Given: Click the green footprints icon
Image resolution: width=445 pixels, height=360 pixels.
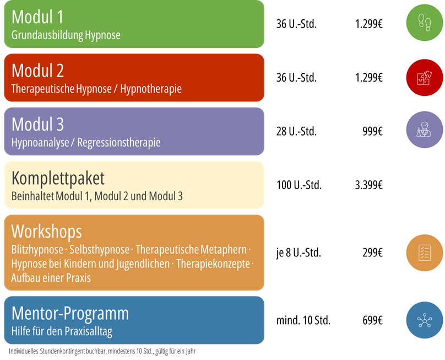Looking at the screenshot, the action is coord(424,23).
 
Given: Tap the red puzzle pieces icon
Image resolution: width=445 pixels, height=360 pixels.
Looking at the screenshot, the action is coord(424,77).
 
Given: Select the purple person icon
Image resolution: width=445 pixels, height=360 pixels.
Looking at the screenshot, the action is coord(424,130).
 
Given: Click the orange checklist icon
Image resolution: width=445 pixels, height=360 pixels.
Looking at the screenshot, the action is coord(424,252).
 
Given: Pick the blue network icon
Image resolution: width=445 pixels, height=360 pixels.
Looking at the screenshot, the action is coord(424,320).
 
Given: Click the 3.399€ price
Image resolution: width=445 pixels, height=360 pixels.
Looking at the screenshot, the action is coord(368,185).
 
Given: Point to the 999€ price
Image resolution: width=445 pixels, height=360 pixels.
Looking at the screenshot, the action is coord(372,131).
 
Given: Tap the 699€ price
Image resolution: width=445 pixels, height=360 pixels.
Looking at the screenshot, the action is coord(372,320).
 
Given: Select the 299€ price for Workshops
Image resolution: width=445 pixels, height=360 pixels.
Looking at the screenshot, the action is coord(372,252).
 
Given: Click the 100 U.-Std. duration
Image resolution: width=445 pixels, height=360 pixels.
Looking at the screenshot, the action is coord(299,185).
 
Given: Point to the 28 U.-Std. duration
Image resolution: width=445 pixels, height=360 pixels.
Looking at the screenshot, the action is coord(296,131).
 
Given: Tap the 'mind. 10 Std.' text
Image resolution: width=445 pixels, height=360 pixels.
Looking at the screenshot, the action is coord(303,320).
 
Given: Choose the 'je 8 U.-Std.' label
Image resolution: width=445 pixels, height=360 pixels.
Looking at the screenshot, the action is coord(299,252).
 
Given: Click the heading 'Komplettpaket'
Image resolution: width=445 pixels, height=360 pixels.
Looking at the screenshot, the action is coord(58,179).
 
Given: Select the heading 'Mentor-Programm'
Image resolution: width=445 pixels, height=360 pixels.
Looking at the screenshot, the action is coord(70,314).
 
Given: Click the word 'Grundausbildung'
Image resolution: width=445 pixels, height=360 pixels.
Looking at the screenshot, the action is coord(47,35).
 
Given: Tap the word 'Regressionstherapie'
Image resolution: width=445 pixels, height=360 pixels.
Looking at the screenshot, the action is coord(118,143).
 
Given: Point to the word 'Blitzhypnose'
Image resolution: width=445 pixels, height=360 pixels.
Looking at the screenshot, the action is coord(37,250).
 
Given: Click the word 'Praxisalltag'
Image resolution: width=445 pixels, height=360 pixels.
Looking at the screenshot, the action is coord(88,331).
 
